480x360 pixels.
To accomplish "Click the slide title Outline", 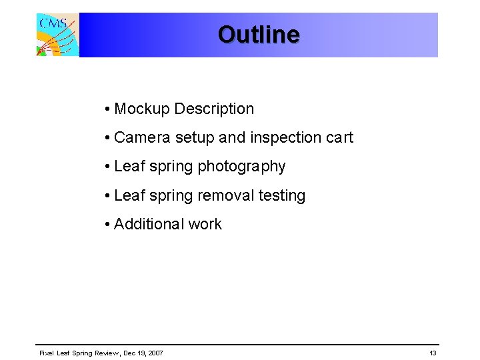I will (259, 34).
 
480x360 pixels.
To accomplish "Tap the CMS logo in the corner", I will (57, 35).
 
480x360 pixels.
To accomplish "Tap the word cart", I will (339, 138).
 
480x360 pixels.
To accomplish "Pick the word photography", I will (241, 167).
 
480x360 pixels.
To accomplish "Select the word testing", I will (281, 196).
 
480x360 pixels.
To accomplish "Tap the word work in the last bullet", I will (205, 225).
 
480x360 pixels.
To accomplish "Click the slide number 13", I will (433, 353).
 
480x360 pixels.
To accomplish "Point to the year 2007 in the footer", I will (155, 353).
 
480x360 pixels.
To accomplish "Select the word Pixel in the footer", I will (46, 353).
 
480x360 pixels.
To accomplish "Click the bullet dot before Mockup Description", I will (107, 109).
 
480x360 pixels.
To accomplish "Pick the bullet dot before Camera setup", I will (107, 139).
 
